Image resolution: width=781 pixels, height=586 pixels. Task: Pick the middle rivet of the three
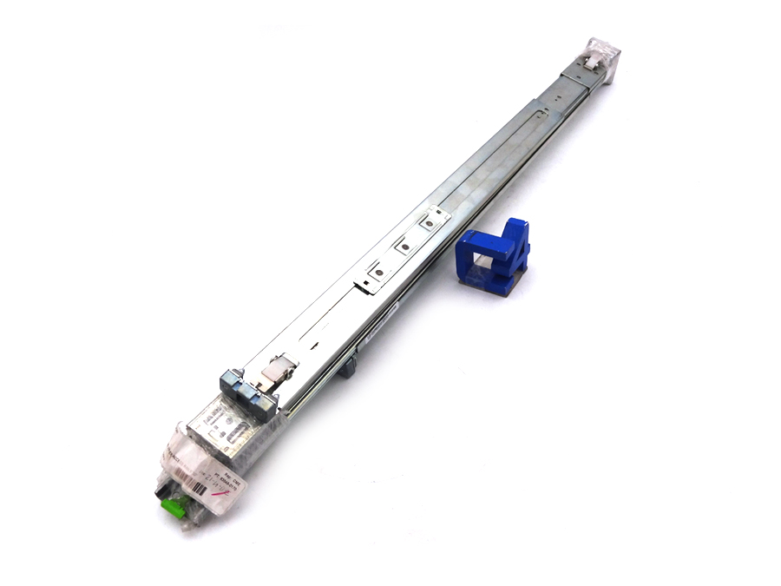403,248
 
